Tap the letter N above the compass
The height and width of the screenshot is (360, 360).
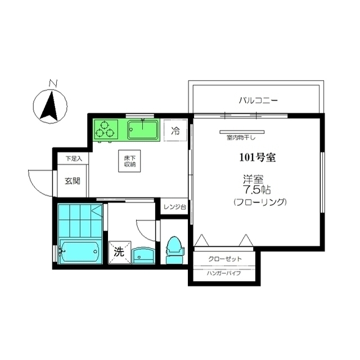click(53, 83)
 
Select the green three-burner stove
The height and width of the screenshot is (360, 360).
click(106, 129)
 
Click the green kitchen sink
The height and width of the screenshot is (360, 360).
click(143, 130)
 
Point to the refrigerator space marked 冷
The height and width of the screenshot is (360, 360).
click(175, 130)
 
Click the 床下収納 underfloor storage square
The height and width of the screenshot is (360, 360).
click(129, 161)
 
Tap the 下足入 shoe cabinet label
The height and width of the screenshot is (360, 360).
click(74, 159)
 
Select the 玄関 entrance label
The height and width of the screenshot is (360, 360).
click(73, 181)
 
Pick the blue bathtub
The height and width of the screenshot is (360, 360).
click(79, 251)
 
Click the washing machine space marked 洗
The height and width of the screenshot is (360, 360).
click(120, 253)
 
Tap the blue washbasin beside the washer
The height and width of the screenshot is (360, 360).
click(143, 255)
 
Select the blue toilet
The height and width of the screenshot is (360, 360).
click(174, 251)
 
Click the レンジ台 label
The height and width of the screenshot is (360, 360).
click(175, 207)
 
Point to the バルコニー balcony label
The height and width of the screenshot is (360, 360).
click(258, 100)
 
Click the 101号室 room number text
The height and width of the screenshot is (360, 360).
click(258, 157)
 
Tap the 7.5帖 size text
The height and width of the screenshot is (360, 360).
click(257, 190)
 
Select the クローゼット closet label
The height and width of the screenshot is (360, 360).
click(225, 259)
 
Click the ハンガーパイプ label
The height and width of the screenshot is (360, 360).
click(224, 273)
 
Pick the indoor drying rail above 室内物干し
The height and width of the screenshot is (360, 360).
click(242, 132)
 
